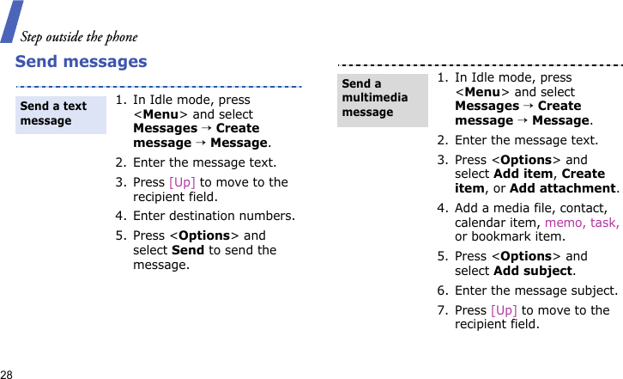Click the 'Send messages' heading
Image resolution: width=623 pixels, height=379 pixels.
(x=81, y=62)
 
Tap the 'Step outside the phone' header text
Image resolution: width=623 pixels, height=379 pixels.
(x=79, y=36)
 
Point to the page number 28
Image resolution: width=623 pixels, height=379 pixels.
(x=7, y=374)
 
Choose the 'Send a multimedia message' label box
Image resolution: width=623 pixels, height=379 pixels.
(x=382, y=98)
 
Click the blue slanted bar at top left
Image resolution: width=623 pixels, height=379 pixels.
(x=12, y=21)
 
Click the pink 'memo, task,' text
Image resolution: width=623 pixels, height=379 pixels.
(x=581, y=222)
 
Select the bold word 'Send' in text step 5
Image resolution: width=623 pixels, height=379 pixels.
(x=188, y=250)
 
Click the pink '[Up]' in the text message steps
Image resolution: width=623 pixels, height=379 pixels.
(x=181, y=182)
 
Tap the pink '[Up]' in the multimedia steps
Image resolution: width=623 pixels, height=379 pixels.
(x=504, y=310)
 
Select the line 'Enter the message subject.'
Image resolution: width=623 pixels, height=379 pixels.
(x=535, y=290)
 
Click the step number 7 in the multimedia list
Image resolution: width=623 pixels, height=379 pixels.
(x=441, y=310)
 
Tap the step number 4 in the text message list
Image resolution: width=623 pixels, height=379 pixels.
(x=119, y=216)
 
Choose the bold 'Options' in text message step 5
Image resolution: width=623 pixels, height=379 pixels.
(x=205, y=235)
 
